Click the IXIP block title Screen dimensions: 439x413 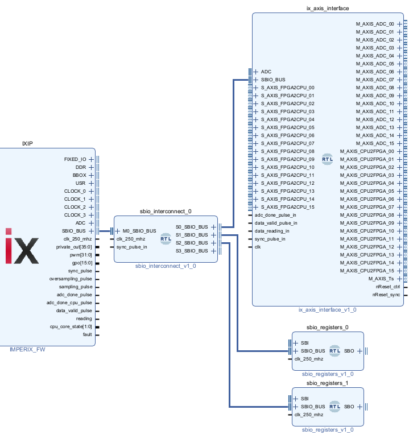pyautogui.click(x=27, y=143)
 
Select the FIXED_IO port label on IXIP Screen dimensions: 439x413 pyautogui.click(x=75, y=159)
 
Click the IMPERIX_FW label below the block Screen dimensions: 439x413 pyautogui.click(x=27, y=349)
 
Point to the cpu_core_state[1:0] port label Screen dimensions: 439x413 pyautogui.click(x=71, y=326)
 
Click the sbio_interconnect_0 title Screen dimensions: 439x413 pyautogui.click(x=166, y=211)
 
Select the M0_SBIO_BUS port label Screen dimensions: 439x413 pyautogui.click(x=139, y=231)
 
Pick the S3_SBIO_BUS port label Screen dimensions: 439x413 pyautogui.click(x=192, y=251)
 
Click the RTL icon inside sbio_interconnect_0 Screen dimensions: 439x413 pyautogui.click(x=166, y=239)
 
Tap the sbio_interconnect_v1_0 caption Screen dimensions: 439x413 pyautogui.click(x=166, y=266)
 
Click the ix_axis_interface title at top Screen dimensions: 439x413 pyautogui.click(x=328, y=8)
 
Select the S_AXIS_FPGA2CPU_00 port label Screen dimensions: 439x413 pyautogui.click(x=288, y=88)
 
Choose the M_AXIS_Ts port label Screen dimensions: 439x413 pyautogui.click(x=381, y=279)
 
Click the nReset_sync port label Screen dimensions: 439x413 pyautogui.click(x=386, y=295)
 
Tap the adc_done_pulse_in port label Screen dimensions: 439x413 pyautogui.click(x=275, y=215)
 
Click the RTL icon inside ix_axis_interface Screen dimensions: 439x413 pyautogui.click(x=327, y=159)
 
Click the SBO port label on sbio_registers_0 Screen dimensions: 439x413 pyautogui.click(x=349, y=351)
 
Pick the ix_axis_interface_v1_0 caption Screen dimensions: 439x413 pyautogui.click(x=327, y=309)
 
